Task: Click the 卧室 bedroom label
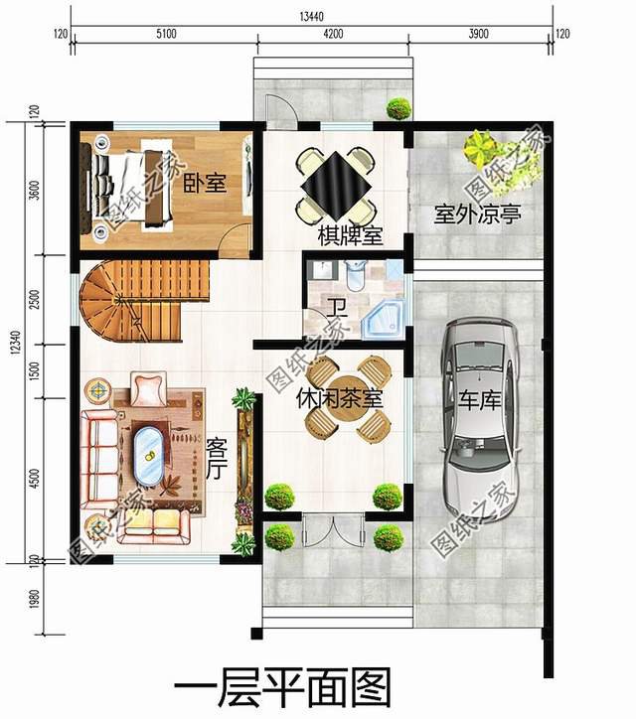pos(205,184)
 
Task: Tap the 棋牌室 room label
pos(350,235)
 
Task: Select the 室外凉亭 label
pos(478,215)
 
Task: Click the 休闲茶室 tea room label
pos(339,398)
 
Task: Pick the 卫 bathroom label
pos(337,308)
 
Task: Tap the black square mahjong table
pos(336,186)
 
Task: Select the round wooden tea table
pos(348,399)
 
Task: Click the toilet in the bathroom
pos(355,275)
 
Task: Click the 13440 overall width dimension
pos(312,17)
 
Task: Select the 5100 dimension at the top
pos(166,34)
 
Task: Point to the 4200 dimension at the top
pos(333,34)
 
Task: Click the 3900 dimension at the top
pos(478,34)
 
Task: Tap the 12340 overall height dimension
pos(16,342)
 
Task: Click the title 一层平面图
pos(282,687)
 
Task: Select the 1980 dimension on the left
pos(34,599)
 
